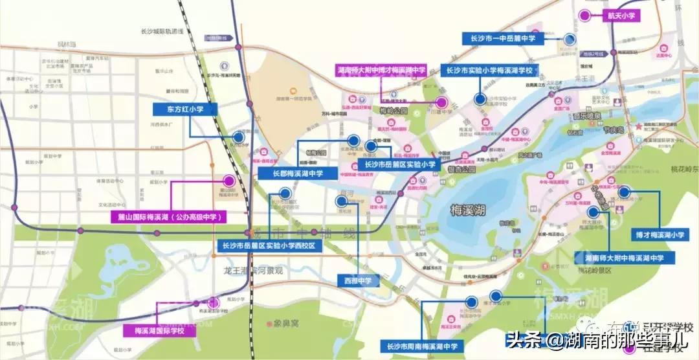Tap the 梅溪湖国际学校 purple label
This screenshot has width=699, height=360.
point(159,331)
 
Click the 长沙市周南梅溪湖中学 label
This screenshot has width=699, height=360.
point(422,347)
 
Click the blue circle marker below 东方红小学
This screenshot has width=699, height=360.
point(238,137)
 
